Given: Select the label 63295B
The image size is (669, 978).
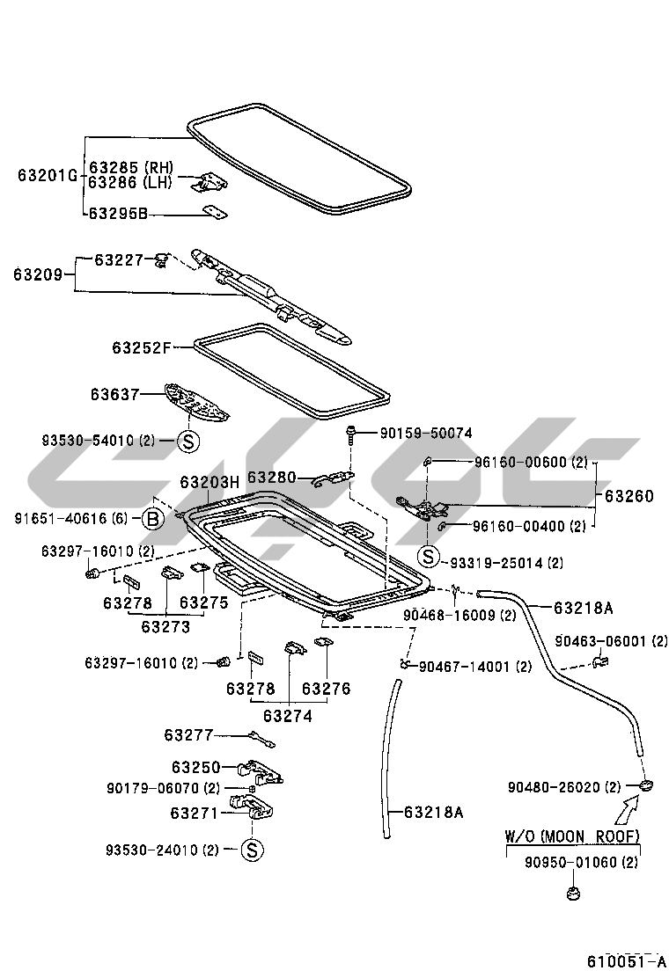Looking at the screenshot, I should tap(119, 213).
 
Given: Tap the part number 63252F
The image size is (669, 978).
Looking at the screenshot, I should tap(141, 347).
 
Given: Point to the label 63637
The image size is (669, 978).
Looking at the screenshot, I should tap(114, 395).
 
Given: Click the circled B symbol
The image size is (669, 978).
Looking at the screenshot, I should tap(152, 519).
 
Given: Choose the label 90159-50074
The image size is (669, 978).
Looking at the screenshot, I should tap(426, 433).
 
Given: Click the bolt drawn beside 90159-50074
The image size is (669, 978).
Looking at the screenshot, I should tap(351, 434).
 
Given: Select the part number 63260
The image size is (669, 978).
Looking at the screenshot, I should tap(629, 496).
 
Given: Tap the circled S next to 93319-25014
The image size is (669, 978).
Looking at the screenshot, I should tap(428, 555).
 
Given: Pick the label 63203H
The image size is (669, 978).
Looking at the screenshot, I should tap(210, 482).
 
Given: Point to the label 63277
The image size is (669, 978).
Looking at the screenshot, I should tap(188, 734).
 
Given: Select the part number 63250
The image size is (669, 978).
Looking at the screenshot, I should tap(195, 767).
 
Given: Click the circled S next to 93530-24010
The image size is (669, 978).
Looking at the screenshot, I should tap(251, 850).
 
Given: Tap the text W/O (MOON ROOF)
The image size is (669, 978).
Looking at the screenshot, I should tap(572, 836).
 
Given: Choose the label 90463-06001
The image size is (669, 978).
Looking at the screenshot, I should tap(611, 641).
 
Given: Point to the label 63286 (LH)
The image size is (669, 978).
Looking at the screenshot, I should tap(129, 183).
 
